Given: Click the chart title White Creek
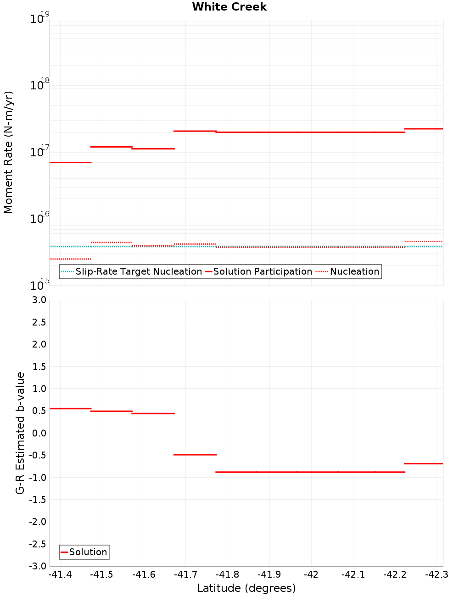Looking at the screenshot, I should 229,7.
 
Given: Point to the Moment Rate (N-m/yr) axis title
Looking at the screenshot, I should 8,152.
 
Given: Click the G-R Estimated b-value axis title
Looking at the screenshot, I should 20,433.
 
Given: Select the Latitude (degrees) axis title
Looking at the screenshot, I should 246,589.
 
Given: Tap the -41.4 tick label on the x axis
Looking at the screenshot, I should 60,575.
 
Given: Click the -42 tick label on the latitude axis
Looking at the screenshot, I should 311,575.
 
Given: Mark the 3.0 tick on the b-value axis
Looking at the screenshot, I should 38,300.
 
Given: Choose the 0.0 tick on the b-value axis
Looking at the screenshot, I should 38,433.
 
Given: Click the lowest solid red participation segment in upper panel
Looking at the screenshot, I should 71,163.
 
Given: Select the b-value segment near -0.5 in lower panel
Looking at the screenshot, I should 195,455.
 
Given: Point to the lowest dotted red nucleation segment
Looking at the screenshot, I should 71,259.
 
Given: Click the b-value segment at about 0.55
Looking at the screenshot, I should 71,408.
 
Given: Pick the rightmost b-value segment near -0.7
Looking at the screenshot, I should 423,464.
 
